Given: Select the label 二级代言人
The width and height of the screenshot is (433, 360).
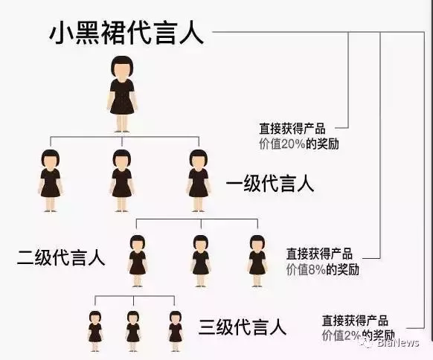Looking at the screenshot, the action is coord(61,257).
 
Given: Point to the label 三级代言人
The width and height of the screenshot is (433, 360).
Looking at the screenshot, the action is coord(243,327).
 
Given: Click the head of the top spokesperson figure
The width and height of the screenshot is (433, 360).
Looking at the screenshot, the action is coord(122,67).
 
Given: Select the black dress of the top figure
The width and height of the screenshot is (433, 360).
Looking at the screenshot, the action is coord(122,97).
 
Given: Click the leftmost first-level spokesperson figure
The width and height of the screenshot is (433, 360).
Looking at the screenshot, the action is coord(51,181).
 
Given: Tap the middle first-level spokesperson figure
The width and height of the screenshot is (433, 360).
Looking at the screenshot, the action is coord(122,181).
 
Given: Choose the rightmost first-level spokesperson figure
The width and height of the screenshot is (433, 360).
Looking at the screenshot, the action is coord(199,181).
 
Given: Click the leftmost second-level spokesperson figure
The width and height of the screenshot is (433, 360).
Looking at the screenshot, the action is coord(137,261).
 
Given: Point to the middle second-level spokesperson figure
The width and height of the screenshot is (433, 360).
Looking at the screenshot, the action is coord(201,261).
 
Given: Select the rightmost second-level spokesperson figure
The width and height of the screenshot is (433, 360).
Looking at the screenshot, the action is coord(257,261).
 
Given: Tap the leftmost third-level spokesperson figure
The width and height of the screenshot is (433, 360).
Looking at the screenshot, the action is coord(95,331).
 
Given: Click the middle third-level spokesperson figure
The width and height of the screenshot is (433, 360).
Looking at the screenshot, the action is coord(133,331).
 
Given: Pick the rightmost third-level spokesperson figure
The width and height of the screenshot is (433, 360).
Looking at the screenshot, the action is coord(176,331).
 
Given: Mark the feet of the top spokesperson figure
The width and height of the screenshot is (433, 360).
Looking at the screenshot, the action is coord(122,131).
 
